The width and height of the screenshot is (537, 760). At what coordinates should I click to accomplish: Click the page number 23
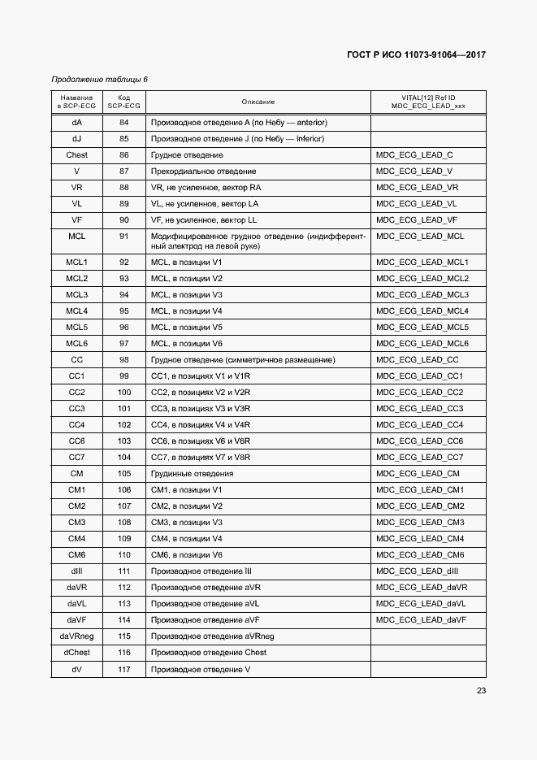click(481, 691)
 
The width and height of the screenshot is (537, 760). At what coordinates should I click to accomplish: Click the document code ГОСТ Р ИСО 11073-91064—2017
click(416, 55)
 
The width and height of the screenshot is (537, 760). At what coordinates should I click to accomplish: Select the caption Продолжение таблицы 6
click(99, 79)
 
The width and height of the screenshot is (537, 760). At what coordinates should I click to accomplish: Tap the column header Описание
click(258, 102)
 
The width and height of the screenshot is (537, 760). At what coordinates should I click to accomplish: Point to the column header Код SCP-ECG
click(123, 102)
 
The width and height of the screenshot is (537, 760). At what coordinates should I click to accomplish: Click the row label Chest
click(76, 154)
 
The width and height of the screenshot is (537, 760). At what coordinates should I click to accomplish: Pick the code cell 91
click(123, 236)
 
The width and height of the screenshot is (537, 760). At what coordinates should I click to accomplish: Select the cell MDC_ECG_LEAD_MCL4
click(422, 311)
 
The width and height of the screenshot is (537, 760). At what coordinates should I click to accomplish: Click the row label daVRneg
click(76, 636)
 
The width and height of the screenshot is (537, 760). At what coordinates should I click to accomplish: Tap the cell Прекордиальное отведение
click(204, 171)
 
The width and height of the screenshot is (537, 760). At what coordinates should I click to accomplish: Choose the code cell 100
click(123, 392)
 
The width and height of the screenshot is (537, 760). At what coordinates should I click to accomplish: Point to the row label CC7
click(76, 457)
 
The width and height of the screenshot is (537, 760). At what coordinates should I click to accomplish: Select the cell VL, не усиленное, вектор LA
click(205, 203)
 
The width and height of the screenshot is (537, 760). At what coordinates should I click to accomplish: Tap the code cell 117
click(123, 668)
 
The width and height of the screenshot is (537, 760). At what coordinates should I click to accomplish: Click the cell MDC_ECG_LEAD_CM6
click(420, 554)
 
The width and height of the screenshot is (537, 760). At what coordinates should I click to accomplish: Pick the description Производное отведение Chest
click(209, 652)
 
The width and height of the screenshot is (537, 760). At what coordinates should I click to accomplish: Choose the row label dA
click(76, 122)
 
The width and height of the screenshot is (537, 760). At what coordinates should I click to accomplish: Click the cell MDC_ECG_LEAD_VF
click(417, 219)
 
